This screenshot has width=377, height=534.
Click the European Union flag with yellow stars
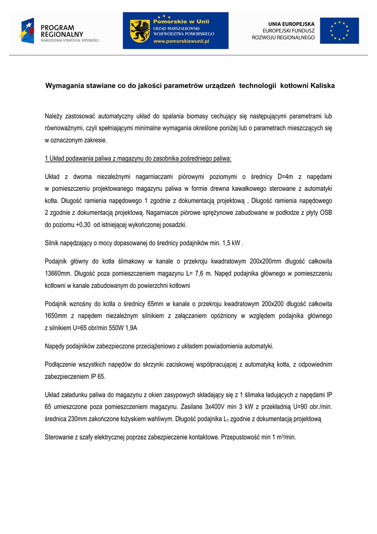tap(339, 31)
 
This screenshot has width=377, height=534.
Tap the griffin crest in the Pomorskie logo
tap(140, 31)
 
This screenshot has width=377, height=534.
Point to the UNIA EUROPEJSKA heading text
tap(291, 24)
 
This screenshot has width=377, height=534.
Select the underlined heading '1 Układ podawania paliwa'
tap(138, 158)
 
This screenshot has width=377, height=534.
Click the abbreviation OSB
tap(325, 213)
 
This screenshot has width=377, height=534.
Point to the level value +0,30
tap(83, 225)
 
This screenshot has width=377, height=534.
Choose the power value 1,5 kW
tap(231, 242)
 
